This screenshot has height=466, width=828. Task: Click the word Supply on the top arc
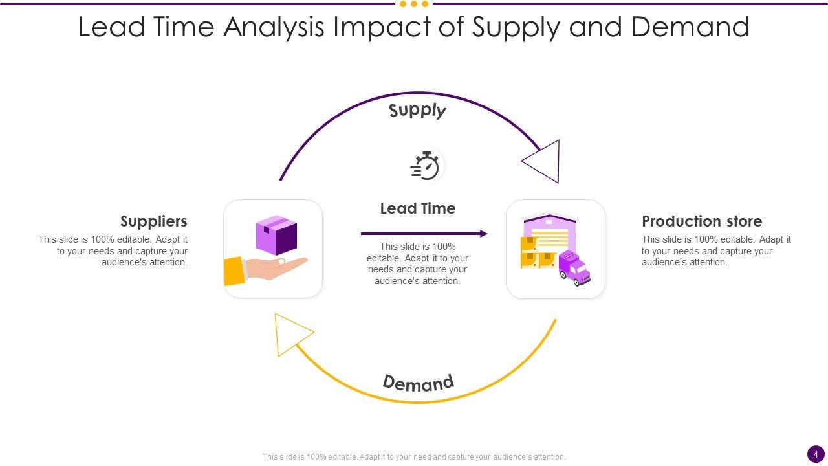coord(417,111)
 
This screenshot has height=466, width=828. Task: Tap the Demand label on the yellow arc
coord(418,383)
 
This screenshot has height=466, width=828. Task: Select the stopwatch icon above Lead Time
coord(425,166)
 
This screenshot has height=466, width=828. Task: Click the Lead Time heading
coord(418,208)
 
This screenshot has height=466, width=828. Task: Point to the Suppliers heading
coord(154,221)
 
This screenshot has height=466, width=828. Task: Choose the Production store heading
coord(702,221)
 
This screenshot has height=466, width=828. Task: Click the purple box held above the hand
coord(276,234)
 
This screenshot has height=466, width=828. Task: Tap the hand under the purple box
coord(278,266)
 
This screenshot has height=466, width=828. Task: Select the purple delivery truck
coord(574,268)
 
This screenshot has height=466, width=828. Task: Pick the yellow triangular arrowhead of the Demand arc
coord(289,333)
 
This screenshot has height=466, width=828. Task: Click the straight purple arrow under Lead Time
coord(424,234)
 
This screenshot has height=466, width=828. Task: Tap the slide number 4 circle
coord(816,454)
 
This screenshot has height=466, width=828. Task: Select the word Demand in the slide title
coord(690,27)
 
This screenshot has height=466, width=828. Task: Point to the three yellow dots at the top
coord(414,4)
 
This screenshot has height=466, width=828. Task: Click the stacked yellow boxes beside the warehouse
coord(536,253)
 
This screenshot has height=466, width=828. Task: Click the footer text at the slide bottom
coord(414,456)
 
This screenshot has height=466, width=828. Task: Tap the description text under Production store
coord(716,251)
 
